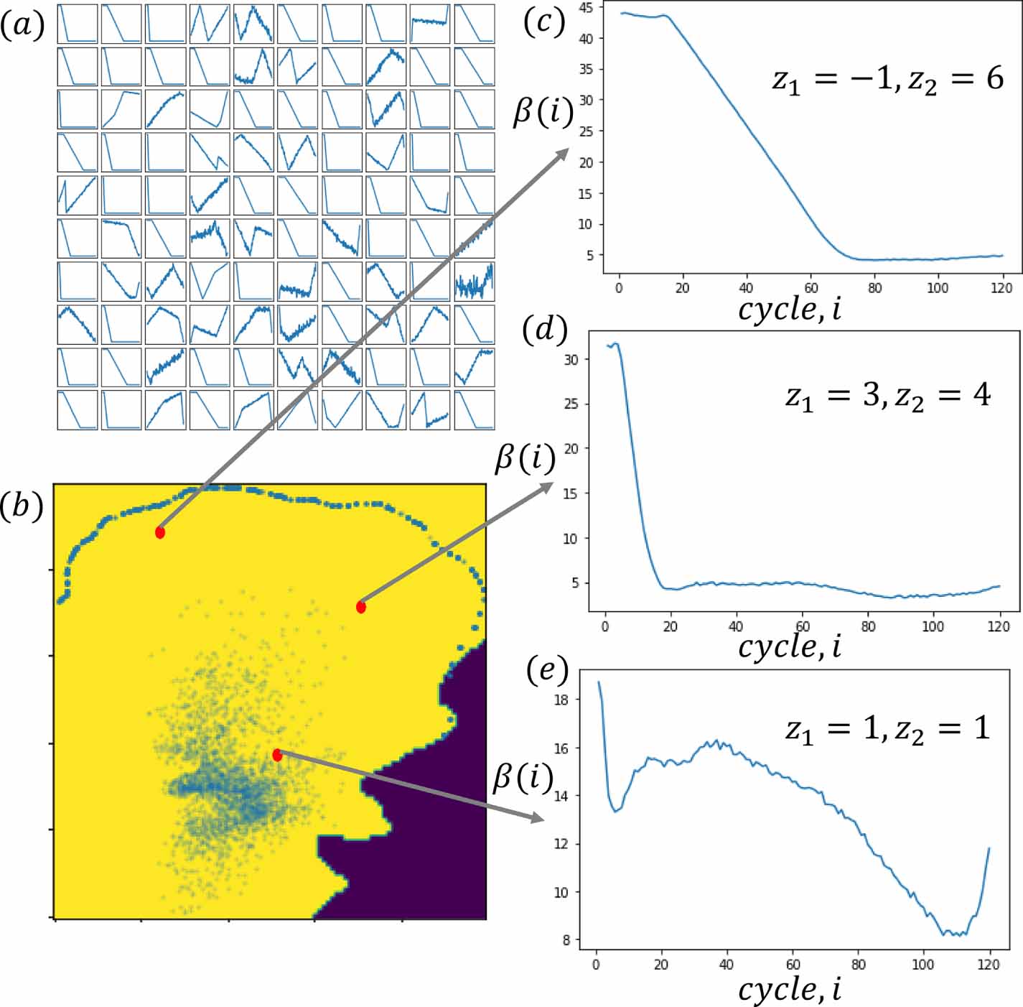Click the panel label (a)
pyautogui.click(x=22, y=27)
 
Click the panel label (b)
pyautogui.click(x=22, y=506)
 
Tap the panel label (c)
pyautogui.click(x=544, y=22)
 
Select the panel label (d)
pyautogui.click(x=545, y=330)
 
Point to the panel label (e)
pyautogui.click(x=546, y=669)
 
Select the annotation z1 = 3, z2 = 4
pyautogui.click(x=887, y=395)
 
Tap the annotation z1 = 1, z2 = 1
pyautogui.click(x=887, y=729)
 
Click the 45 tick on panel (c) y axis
pyautogui.click(x=587, y=8)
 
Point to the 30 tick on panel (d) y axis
pyautogui.click(x=571, y=359)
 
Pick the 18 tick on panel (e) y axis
pyautogui.click(x=562, y=700)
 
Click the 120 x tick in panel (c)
pyautogui.click(x=1001, y=288)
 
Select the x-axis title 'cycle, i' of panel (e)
pyautogui.click(x=789, y=990)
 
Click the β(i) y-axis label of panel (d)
pyautogui.click(x=525, y=458)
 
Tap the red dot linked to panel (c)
pyautogui.click(x=160, y=532)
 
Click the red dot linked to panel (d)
pyautogui.click(x=361, y=607)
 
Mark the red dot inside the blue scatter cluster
pyautogui.click(x=277, y=755)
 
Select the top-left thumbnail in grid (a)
pyautogui.click(x=78, y=24)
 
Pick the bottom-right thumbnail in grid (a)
pyautogui.click(x=475, y=410)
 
